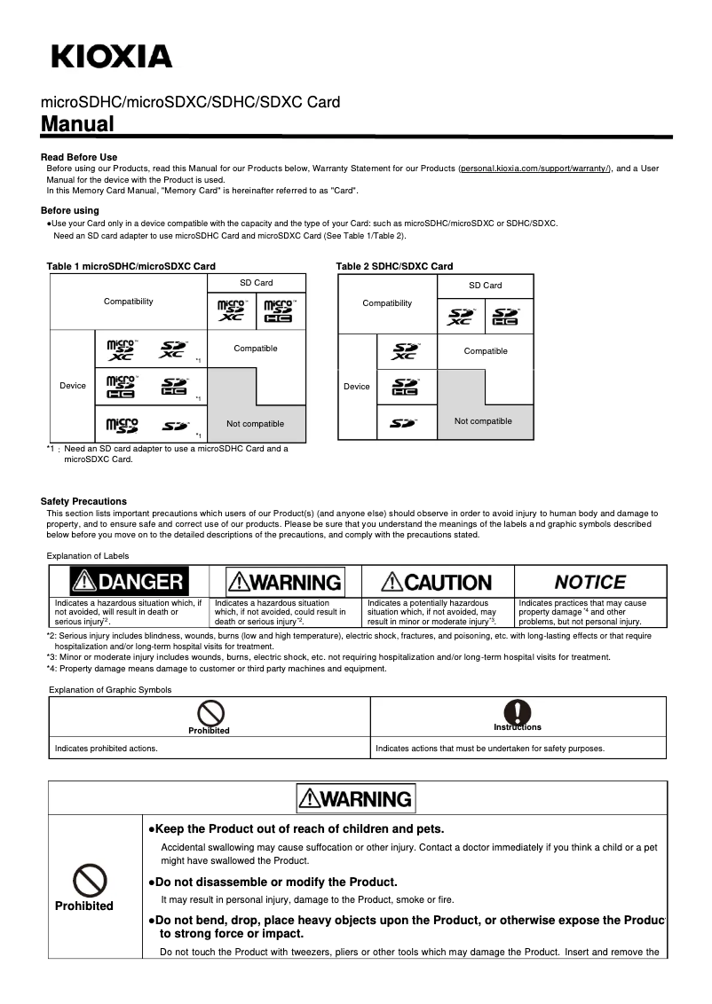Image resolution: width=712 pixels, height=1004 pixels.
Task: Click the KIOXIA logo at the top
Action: tap(112, 57)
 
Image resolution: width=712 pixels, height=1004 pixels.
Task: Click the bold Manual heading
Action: tap(78, 124)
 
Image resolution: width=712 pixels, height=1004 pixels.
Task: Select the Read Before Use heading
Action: tap(79, 157)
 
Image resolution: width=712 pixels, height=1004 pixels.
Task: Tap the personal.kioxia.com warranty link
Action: tap(535, 168)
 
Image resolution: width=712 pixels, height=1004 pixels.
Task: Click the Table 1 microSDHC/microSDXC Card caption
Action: tap(131, 266)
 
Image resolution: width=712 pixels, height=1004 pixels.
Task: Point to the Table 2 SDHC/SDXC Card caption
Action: tap(394, 266)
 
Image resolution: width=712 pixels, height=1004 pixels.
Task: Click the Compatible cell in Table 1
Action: tap(256, 349)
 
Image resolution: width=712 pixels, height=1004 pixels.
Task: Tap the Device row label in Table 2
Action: tap(357, 386)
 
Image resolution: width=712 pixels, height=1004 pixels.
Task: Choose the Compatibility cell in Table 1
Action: tap(129, 302)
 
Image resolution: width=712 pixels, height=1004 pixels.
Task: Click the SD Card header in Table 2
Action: tap(486, 286)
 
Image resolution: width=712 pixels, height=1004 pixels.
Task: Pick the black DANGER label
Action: tap(130, 582)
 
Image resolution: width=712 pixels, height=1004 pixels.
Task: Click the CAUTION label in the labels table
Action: tap(437, 583)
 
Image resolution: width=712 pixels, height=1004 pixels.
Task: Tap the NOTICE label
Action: tap(589, 583)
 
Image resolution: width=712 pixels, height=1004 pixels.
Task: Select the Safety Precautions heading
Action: tap(83, 501)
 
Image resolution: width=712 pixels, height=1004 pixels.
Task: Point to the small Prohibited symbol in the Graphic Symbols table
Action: tap(210, 712)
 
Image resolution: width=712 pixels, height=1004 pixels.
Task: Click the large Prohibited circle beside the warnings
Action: tap(90, 881)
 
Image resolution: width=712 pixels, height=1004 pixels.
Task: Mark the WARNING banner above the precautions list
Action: tap(356, 798)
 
